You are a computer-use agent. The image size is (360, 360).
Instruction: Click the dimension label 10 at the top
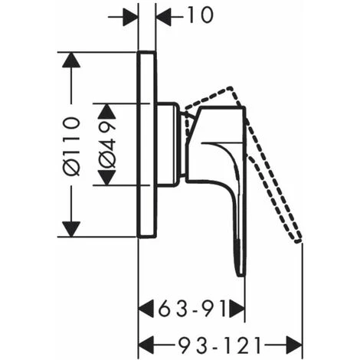coord(200,15)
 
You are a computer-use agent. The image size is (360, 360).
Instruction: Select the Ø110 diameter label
coord(72,146)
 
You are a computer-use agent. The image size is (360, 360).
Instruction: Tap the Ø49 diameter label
coord(107,145)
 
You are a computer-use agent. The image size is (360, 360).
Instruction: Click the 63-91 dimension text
coord(192,309)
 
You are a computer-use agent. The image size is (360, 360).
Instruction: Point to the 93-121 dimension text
coord(220,345)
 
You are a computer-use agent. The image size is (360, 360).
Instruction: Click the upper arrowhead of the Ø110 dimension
coord(71,60)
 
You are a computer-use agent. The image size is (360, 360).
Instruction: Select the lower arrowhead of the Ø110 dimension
coord(71,229)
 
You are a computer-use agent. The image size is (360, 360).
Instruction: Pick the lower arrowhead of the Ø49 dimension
coord(106,178)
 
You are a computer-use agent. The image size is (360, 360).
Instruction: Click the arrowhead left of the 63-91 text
coord(146,309)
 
